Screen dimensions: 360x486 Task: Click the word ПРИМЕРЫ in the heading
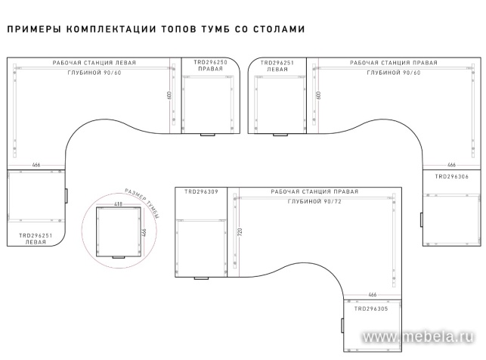click(x=31, y=30)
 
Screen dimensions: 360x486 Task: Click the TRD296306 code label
click(x=453, y=176)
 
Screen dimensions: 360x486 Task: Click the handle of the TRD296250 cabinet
click(x=207, y=136)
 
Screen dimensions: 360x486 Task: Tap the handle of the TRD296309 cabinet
click(x=201, y=278)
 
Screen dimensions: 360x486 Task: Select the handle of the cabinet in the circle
click(x=119, y=257)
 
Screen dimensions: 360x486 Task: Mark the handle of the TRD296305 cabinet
click(x=342, y=326)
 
